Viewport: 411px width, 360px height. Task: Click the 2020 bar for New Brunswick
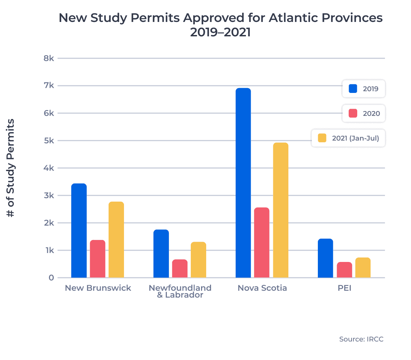click(98, 259)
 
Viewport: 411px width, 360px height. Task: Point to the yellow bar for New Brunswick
click(116, 240)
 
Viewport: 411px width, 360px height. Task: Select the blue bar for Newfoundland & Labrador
click(161, 253)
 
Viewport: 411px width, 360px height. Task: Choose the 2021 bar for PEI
click(363, 267)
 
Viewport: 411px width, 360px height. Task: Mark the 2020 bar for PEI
click(344, 270)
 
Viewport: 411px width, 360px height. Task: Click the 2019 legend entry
click(364, 89)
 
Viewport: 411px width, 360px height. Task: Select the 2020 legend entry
click(364, 113)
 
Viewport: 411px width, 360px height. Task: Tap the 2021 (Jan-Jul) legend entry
click(348, 138)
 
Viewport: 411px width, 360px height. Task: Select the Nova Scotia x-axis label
click(262, 288)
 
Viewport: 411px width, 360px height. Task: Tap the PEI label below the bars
click(344, 288)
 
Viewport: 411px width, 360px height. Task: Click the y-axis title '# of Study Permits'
click(11, 168)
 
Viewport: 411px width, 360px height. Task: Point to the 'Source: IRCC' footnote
click(361, 339)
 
